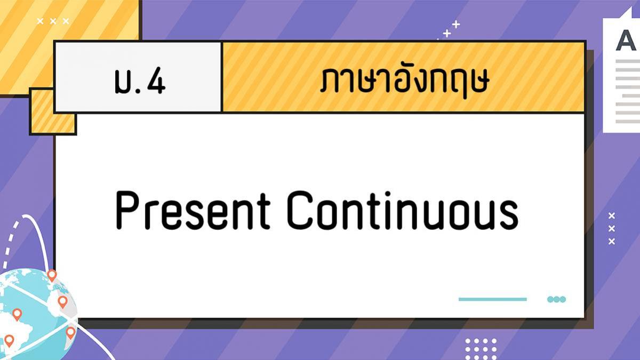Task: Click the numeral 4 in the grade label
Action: (156, 81)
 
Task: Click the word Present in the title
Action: (193, 210)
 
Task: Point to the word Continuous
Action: (403, 210)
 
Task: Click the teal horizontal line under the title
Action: (493, 299)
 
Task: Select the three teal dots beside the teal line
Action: (556, 299)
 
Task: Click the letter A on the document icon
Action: (626, 41)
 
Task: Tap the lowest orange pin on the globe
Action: (9, 341)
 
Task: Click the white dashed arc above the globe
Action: (10, 243)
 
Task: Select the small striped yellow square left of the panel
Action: (53, 111)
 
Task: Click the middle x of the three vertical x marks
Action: (611, 229)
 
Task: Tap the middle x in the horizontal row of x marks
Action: (53, 21)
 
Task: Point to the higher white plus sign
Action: (456, 25)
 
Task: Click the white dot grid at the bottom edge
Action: (481, 349)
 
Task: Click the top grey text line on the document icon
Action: (628, 61)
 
